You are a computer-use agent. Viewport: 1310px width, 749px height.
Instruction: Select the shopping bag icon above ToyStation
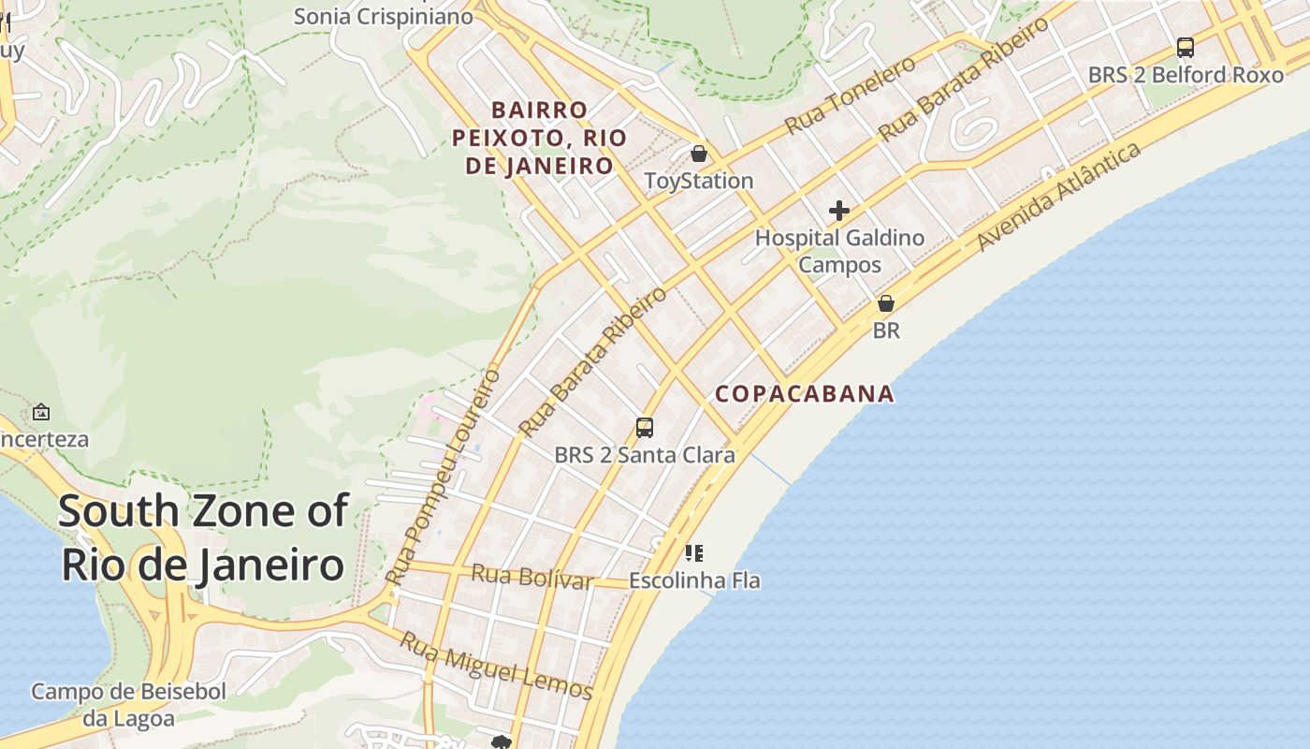coord(699,154)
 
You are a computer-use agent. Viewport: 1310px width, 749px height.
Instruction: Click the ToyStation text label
coord(699,181)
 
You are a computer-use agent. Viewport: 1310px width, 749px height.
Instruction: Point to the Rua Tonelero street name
coord(850,95)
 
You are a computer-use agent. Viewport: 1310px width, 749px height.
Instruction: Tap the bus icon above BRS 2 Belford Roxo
coord(1186,48)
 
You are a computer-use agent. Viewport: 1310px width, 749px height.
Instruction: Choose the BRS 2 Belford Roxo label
coord(1186,75)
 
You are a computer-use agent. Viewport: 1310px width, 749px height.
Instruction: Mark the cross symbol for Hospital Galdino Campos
coord(839,211)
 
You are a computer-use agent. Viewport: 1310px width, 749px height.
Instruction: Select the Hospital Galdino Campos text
coord(839,251)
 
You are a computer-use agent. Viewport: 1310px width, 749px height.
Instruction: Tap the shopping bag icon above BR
coord(886,303)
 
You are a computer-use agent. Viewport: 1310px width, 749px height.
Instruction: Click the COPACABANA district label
coord(805,394)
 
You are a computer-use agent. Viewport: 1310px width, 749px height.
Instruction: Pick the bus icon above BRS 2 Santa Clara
coord(645,428)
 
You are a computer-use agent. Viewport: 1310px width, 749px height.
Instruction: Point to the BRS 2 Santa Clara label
coord(645,456)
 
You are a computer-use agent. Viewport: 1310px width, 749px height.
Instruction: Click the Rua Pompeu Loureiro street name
coord(444,477)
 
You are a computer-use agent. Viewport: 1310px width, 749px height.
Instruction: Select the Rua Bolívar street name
coord(531,577)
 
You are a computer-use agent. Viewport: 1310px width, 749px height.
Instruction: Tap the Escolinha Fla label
coord(694,580)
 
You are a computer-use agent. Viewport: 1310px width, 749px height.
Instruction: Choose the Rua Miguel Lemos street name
coord(497,667)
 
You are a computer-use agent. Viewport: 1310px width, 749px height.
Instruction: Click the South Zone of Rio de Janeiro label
coord(203,538)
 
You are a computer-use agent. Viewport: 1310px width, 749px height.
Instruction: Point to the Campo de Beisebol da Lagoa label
coord(129,705)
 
